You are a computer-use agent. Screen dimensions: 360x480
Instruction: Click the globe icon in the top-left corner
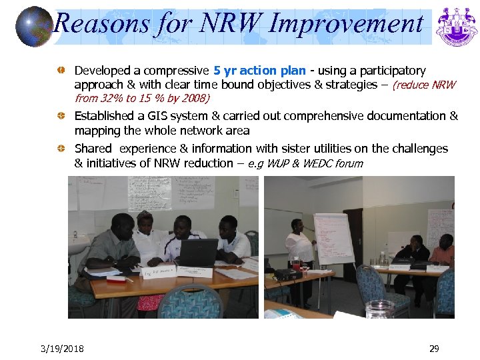point(34,26)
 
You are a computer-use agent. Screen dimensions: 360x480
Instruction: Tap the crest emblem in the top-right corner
point(457,27)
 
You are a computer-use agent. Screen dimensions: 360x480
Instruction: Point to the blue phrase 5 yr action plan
point(260,71)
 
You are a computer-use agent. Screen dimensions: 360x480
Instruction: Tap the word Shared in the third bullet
point(93,149)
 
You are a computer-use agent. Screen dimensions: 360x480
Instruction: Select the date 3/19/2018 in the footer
point(62,349)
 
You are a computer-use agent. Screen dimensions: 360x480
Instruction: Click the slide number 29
point(434,349)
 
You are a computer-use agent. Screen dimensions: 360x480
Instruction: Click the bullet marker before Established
point(61,116)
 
